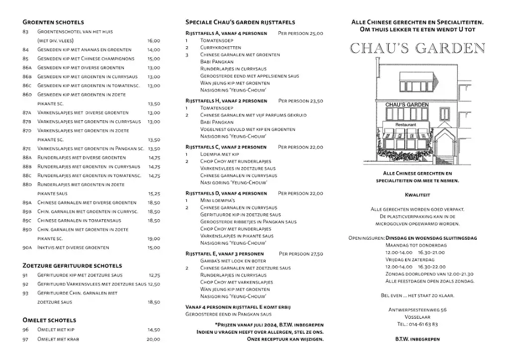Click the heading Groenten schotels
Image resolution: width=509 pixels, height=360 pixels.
[x=53, y=22]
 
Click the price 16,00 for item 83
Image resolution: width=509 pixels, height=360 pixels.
[x=154, y=41]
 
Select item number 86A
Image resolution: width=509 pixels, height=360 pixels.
[x=27, y=68]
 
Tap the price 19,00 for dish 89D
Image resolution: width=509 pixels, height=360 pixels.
[x=154, y=239]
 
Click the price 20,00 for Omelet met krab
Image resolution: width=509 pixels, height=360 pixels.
[x=154, y=339]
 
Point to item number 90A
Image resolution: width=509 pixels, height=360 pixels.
[x=27, y=248]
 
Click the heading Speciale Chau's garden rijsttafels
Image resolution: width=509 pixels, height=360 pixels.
[x=240, y=22]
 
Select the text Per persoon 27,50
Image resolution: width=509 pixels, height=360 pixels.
[x=301, y=254]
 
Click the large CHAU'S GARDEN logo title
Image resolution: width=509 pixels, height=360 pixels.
[x=418, y=48]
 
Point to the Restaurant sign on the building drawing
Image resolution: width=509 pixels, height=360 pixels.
[x=406, y=124]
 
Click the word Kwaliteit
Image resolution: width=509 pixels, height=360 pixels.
[x=418, y=195]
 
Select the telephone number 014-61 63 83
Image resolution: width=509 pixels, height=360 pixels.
[x=418, y=324]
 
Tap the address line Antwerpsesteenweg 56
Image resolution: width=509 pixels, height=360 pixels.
[x=418, y=310]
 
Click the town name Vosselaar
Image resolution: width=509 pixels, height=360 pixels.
[x=418, y=317]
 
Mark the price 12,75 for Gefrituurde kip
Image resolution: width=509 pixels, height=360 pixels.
[x=154, y=275]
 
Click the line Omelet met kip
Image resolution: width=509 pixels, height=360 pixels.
[x=56, y=330]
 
